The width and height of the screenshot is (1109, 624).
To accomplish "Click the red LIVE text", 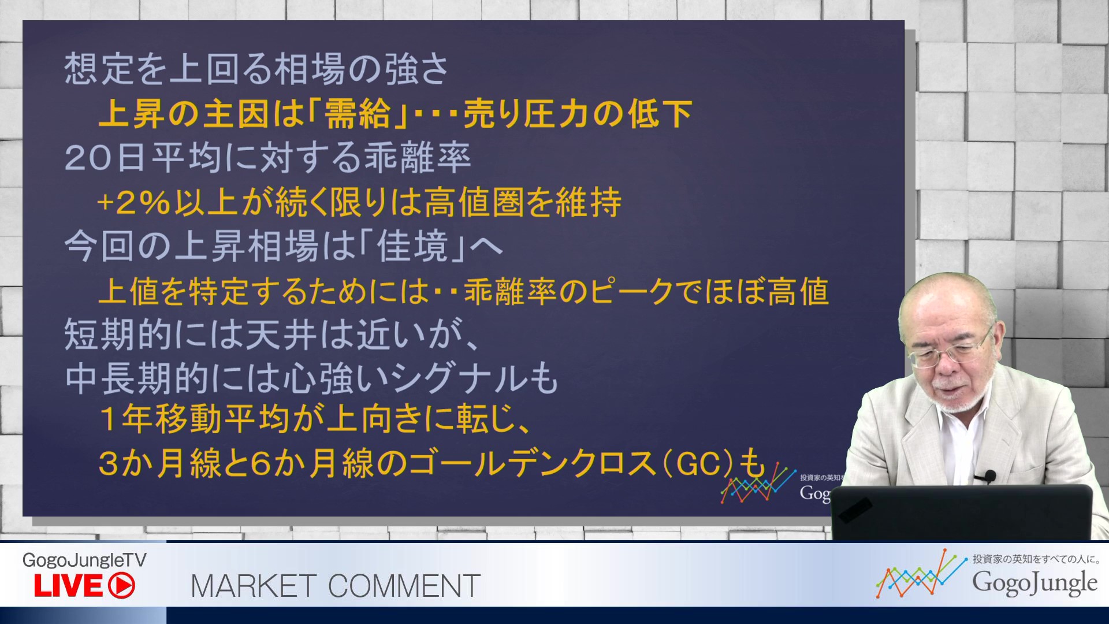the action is click(x=68, y=586).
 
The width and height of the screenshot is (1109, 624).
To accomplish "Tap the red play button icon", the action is click(x=121, y=586).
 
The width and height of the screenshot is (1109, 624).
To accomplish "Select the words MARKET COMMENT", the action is click(x=336, y=586).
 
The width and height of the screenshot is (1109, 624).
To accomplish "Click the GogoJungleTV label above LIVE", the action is click(x=84, y=560).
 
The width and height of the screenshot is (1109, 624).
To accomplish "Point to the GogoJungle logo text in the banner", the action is click(x=1034, y=582).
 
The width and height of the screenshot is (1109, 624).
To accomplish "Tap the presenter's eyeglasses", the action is click(x=947, y=352).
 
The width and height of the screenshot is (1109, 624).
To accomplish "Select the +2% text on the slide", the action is click(x=134, y=203).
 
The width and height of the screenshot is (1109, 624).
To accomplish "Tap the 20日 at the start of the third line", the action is click(x=105, y=158).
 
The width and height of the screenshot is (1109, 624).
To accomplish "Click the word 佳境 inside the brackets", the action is click(x=412, y=246).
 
